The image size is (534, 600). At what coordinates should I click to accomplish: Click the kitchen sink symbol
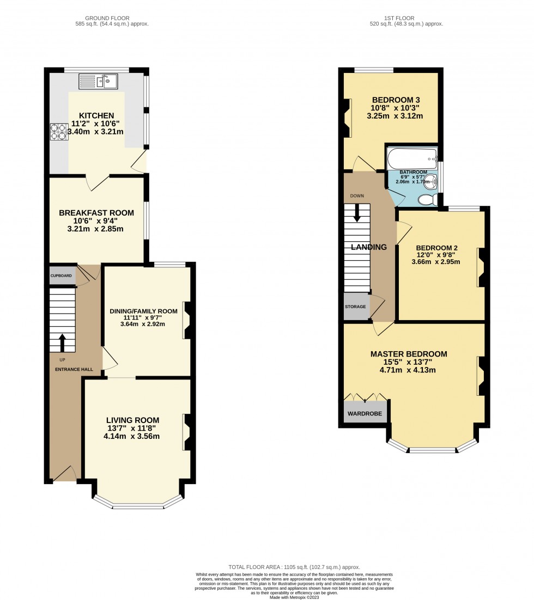coord(98,81)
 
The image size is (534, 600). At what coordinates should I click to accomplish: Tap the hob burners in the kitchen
coord(58,132)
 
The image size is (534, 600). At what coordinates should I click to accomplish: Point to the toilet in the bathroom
coord(428,200)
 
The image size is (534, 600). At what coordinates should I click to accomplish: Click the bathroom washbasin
coord(430,181)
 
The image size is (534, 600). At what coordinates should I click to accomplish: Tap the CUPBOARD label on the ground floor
coord(61,275)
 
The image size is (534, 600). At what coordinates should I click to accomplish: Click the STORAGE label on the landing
coord(355,307)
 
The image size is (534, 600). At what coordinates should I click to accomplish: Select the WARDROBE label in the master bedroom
coord(365,414)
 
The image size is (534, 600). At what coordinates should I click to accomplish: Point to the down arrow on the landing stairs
coord(357,212)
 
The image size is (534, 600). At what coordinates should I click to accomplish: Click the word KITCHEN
coord(96,115)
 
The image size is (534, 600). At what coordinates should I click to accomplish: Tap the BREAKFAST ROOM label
coord(96,212)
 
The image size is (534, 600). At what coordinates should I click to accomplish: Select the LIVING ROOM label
coord(132,420)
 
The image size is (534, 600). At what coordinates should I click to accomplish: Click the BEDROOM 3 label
coord(396,100)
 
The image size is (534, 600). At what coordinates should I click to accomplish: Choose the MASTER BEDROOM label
coord(408,354)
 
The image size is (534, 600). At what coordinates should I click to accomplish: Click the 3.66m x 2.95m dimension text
coord(435,261)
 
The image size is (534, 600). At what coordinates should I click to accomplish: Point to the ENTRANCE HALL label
coord(74,370)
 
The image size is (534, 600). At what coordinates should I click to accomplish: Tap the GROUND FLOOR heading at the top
coord(112,17)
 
